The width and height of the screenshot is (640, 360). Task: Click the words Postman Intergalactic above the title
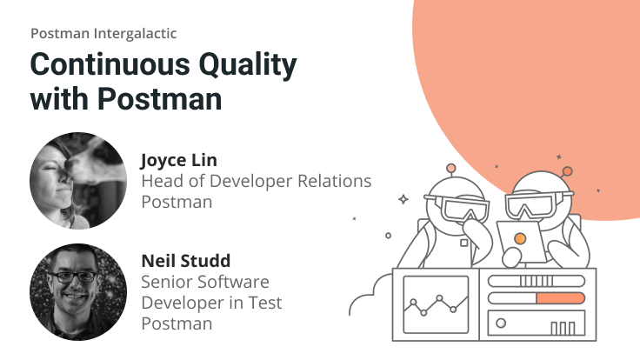[x=103, y=33]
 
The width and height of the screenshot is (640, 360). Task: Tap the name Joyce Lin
[x=178, y=160]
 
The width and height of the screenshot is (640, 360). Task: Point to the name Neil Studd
[x=185, y=261]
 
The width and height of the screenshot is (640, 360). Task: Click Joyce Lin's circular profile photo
[x=78, y=181]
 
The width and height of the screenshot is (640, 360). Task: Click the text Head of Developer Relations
[x=256, y=181]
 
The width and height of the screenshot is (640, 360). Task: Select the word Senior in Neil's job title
[x=169, y=282]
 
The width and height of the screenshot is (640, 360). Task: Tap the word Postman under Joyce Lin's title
[x=176, y=202]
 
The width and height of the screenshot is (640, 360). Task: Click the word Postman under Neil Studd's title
[x=176, y=323]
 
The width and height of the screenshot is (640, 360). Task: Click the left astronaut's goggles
[x=462, y=207]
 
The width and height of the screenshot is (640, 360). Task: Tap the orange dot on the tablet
[x=520, y=237]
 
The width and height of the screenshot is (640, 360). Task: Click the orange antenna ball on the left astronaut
[x=450, y=168]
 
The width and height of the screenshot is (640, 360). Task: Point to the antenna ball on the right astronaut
[x=568, y=171]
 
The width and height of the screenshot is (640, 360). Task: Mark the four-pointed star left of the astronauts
[x=403, y=199]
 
